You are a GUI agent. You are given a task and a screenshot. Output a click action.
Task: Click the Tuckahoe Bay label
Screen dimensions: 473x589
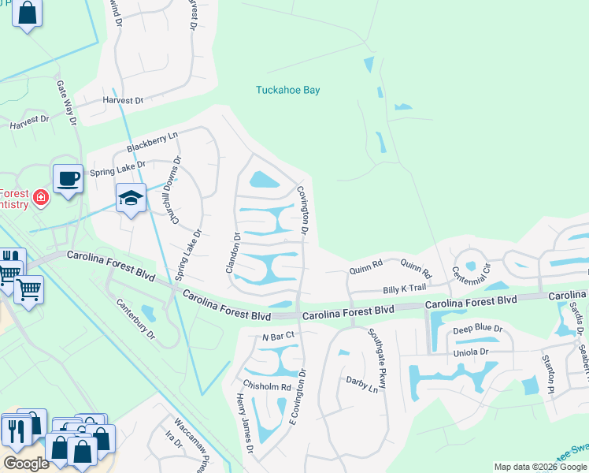tap(287, 91)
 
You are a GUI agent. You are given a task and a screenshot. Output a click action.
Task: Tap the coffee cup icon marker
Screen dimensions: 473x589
tap(68, 178)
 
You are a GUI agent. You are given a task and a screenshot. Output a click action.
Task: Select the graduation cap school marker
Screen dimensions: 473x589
tap(131, 198)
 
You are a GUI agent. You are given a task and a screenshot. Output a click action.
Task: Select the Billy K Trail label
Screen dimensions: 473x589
tap(404, 289)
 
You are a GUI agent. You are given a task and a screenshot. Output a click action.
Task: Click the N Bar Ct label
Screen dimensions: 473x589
tap(278, 336)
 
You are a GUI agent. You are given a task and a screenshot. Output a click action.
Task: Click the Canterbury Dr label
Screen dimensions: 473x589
tap(135, 319)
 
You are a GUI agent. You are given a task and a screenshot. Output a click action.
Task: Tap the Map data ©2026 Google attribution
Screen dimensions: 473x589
tap(539, 467)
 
